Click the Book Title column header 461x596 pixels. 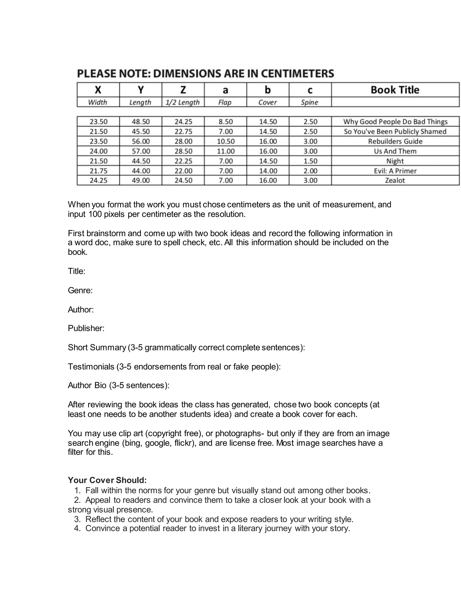[395, 90]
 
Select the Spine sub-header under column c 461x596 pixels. [310, 102]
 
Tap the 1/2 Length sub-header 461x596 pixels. [183, 102]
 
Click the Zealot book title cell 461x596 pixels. [395, 180]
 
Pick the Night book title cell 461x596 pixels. [395, 161]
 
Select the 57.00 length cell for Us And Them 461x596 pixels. [141, 151]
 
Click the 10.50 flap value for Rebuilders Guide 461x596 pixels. [226, 141]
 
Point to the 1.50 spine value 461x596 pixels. [310, 161]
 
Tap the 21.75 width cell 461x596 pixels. [99, 171]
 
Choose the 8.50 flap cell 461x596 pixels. [226, 122]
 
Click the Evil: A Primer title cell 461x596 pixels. [395, 171]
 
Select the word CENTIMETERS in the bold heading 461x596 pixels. [297, 74]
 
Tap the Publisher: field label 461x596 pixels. [86, 328]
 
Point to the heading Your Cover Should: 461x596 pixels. [107, 480]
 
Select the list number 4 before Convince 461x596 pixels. [77, 528]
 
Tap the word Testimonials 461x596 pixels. [91, 367]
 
